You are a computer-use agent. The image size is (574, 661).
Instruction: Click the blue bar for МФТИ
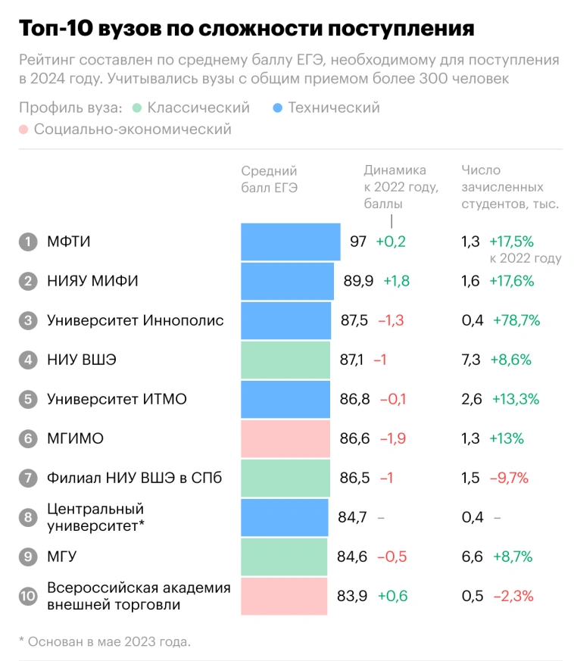(x=290, y=242)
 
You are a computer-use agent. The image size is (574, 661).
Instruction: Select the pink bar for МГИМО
(x=285, y=438)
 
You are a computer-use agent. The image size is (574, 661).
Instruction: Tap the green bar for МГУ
(x=284, y=557)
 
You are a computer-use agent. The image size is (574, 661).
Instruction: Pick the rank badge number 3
(x=28, y=320)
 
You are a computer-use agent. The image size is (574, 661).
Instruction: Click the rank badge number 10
(x=28, y=596)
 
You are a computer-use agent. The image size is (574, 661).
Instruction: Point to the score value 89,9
(x=358, y=281)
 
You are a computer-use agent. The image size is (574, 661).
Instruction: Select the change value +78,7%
(x=516, y=320)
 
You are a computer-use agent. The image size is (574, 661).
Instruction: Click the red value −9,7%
(x=510, y=478)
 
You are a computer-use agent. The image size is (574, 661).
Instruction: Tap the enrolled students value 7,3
(x=471, y=360)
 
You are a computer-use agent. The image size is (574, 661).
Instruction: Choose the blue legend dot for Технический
(x=277, y=108)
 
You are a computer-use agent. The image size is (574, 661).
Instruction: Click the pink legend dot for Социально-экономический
(x=23, y=129)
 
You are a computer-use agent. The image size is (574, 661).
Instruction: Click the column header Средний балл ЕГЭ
(x=269, y=179)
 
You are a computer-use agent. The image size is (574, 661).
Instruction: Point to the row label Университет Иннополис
(x=136, y=320)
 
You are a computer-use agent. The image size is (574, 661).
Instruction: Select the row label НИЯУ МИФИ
(x=92, y=281)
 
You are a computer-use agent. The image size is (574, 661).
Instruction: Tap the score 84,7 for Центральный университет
(x=352, y=517)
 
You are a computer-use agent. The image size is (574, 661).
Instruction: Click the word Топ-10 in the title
(x=60, y=29)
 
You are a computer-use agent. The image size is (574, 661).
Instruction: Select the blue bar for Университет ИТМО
(x=285, y=399)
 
